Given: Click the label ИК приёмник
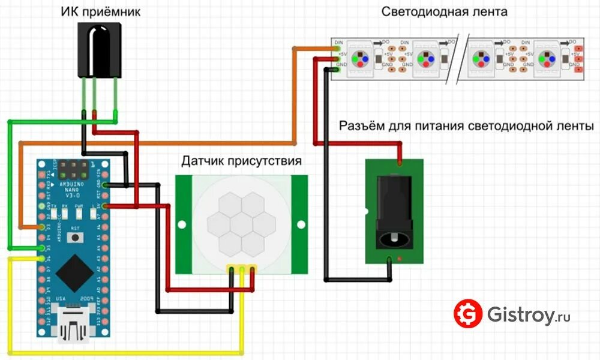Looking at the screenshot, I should point(101,11).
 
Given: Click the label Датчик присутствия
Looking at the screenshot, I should point(242,161).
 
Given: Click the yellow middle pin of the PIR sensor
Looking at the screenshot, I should point(242,270).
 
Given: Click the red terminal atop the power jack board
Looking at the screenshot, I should point(399,162).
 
